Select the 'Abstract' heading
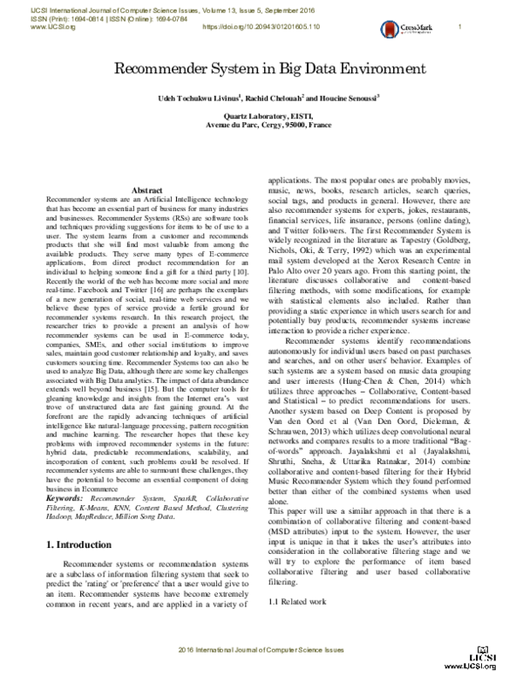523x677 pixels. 146,190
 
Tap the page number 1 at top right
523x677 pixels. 459,27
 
